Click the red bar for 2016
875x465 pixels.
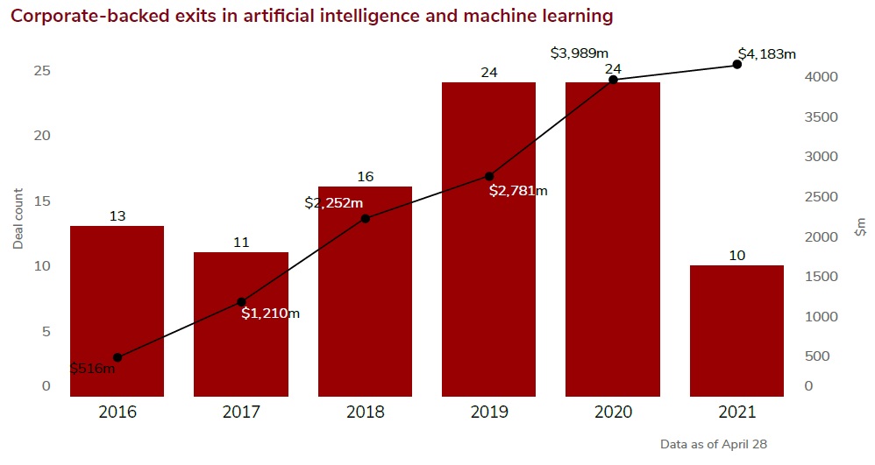coord(117,311)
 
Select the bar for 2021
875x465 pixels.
coord(736,330)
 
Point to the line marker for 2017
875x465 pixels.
coord(241,302)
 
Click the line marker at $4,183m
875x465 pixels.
coord(736,64)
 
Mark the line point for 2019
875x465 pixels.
coord(489,177)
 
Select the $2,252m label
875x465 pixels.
coord(333,203)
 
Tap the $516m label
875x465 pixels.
coord(92,369)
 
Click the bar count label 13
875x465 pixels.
coord(117,215)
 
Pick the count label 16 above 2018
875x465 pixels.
coord(365,177)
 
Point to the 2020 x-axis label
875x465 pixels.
coord(613,412)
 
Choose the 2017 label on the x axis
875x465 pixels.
coord(241,412)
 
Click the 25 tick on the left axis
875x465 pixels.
coord(42,71)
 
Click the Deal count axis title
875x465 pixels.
coord(18,218)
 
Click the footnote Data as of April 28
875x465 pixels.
coord(714,445)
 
